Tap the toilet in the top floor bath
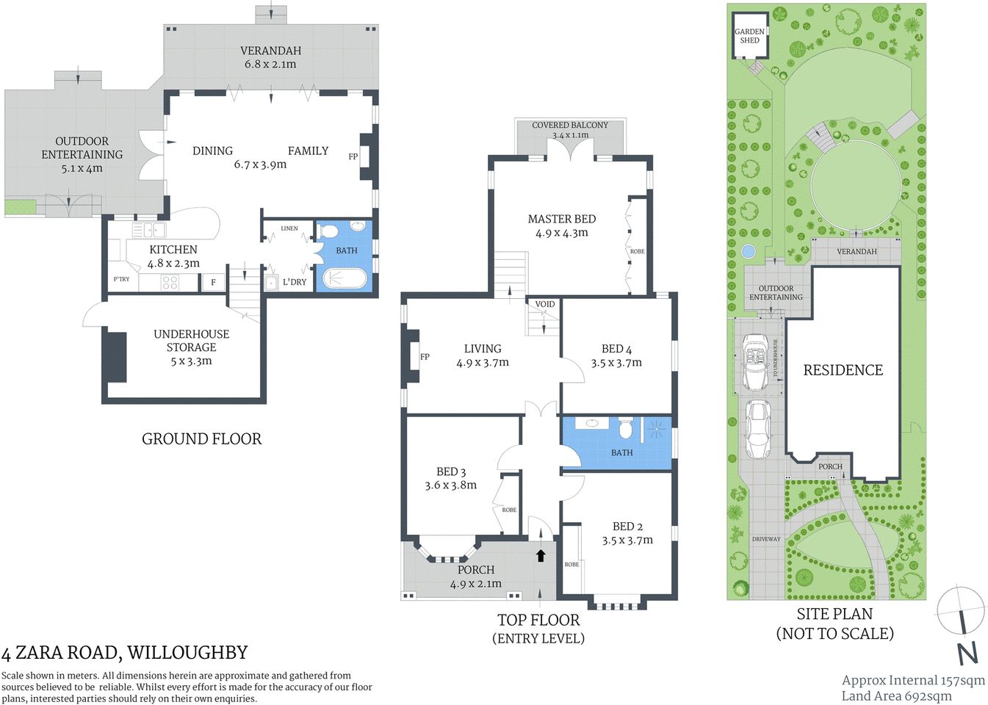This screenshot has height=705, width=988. click(626, 427)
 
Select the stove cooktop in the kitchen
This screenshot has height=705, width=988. click(170, 282)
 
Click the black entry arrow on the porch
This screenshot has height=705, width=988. click(541, 555)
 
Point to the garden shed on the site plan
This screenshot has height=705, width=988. click(749, 35)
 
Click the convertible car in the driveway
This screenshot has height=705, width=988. click(756, 362)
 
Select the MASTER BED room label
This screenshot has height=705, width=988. click(561, 219)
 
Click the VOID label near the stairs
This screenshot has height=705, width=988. click(545, 304)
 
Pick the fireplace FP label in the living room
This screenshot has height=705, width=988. click(425, 357)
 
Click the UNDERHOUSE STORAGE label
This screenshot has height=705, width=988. click(191, 341)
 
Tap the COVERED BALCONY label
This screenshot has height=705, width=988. click(570, 126)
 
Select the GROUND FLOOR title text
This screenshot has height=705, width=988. click(201, 439)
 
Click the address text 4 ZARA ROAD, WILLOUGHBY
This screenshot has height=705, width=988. click(125, 653)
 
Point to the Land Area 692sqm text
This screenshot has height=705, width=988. click(896, 696)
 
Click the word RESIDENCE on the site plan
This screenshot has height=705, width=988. click(843, 371)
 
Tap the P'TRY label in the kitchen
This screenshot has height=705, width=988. click(121, 279)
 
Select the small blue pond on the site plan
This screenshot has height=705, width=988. click(748, 251)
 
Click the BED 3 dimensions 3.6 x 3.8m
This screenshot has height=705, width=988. click(450, 485)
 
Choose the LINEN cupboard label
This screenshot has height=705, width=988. click(289, 228)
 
